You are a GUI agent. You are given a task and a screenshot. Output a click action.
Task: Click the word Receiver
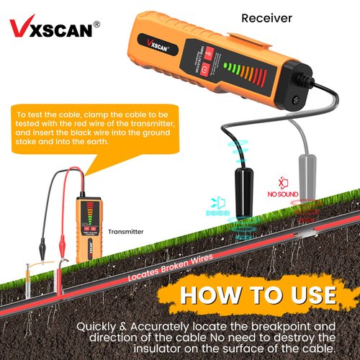pos(266,18)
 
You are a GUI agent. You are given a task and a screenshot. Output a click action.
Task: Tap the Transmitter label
pos(126,232)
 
